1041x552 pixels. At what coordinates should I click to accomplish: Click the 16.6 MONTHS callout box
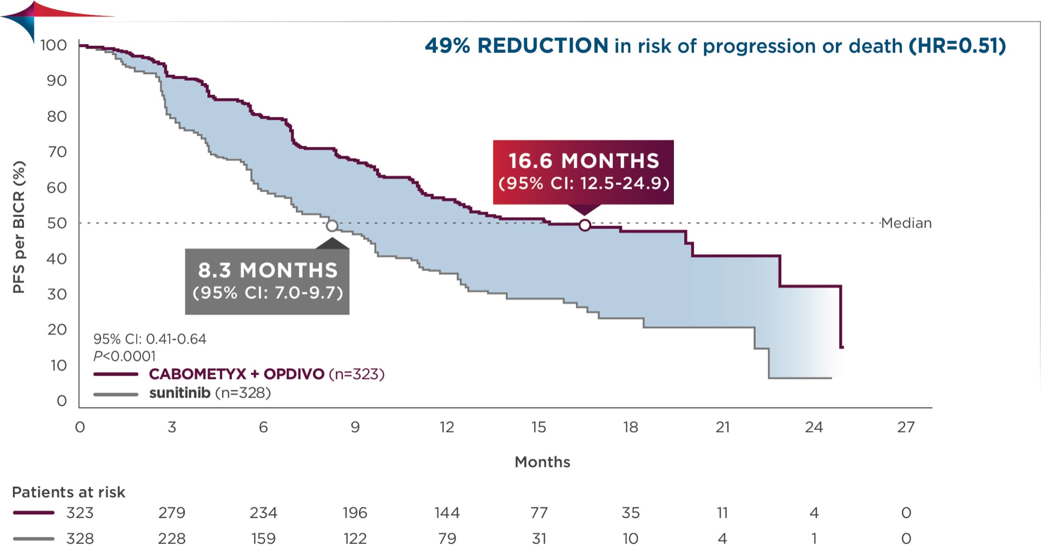click(583, 172)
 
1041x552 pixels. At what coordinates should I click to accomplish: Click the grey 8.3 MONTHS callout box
click(267, 281)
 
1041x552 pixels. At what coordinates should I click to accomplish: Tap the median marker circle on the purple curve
click(584, 225)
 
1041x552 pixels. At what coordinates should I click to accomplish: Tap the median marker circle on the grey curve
click(332, 225)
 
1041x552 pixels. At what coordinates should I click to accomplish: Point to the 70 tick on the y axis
click(57, 152)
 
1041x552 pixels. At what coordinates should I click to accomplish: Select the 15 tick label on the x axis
click(539, 427)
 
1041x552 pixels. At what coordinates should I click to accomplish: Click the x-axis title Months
click(542, 462)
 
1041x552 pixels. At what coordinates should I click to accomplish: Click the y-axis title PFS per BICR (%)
click(19, 227)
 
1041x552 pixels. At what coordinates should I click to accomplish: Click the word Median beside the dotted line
click(906, 223)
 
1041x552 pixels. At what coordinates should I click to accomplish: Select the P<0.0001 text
click(124, 356)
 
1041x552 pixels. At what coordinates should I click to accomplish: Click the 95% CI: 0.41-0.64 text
click(149, 339)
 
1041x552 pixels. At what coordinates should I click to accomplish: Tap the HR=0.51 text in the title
click(958, 46)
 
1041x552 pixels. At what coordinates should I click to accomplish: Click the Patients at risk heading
click(69, 492)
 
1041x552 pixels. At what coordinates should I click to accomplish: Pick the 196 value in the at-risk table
click(355, 513)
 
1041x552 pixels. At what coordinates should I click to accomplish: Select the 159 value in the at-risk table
click(263, 538)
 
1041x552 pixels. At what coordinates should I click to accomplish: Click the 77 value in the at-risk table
click(539, 513)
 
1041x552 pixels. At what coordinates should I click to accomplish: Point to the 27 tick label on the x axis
click(906, 427)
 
